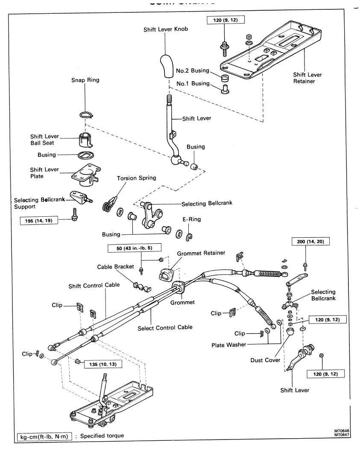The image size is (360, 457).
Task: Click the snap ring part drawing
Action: click(85, 114)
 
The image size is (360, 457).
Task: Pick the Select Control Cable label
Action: click(165, 327)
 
